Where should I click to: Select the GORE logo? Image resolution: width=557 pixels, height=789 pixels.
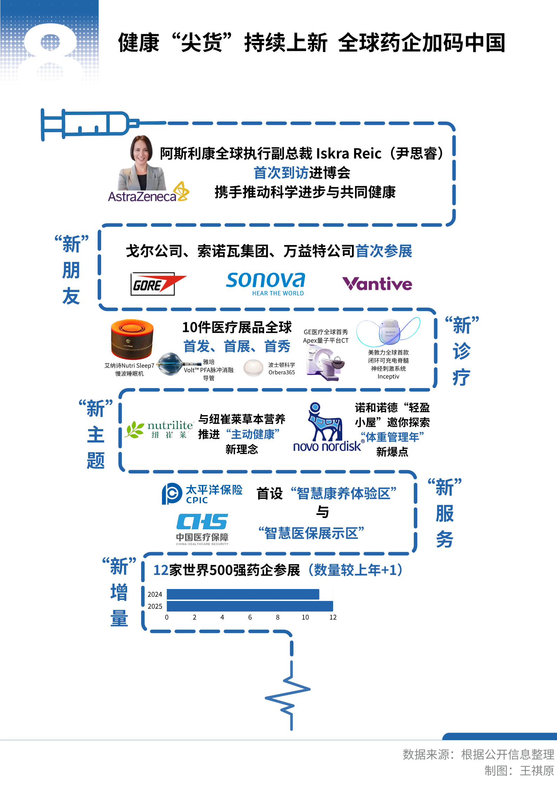[157, 284]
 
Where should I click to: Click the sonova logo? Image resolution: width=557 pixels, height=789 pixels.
[266, 283]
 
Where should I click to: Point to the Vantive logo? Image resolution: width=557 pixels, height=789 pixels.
[377, 284]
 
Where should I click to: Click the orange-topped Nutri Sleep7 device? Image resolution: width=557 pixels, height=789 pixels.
[132, 339]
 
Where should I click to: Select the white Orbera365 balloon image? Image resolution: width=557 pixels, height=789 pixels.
[253, 368]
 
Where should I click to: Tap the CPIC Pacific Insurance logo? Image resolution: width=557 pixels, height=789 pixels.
[202, 494]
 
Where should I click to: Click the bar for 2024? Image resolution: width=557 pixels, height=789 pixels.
[243, 594]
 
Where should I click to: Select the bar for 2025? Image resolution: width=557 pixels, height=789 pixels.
[250, 606]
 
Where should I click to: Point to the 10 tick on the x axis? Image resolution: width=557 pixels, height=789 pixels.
[305, 617]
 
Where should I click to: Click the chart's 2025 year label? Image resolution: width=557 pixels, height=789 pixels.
[155, 606]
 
